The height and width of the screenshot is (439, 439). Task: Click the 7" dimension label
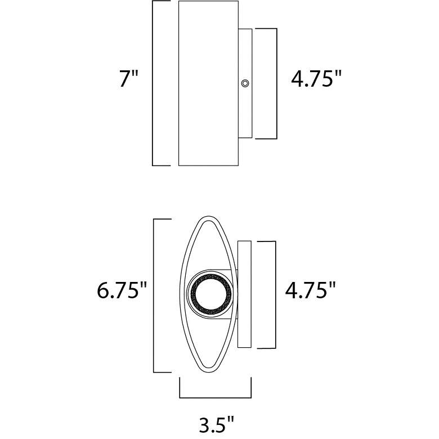[x=128, y=79]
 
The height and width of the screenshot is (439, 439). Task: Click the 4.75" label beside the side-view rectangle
[x=316, y=79]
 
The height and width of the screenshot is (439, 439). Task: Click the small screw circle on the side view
[x=245, y=83]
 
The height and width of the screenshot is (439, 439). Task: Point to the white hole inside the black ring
[x=212, y=293]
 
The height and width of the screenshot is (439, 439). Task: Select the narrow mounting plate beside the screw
[x=245, y=113]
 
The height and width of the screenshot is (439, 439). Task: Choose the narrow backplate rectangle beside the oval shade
[x=244, y=294]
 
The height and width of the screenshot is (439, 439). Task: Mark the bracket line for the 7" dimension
[x=154, y=83]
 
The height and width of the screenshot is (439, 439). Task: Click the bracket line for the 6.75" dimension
[x=154, y=295]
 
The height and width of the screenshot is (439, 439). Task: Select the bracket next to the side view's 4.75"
[x=276, y=83]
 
